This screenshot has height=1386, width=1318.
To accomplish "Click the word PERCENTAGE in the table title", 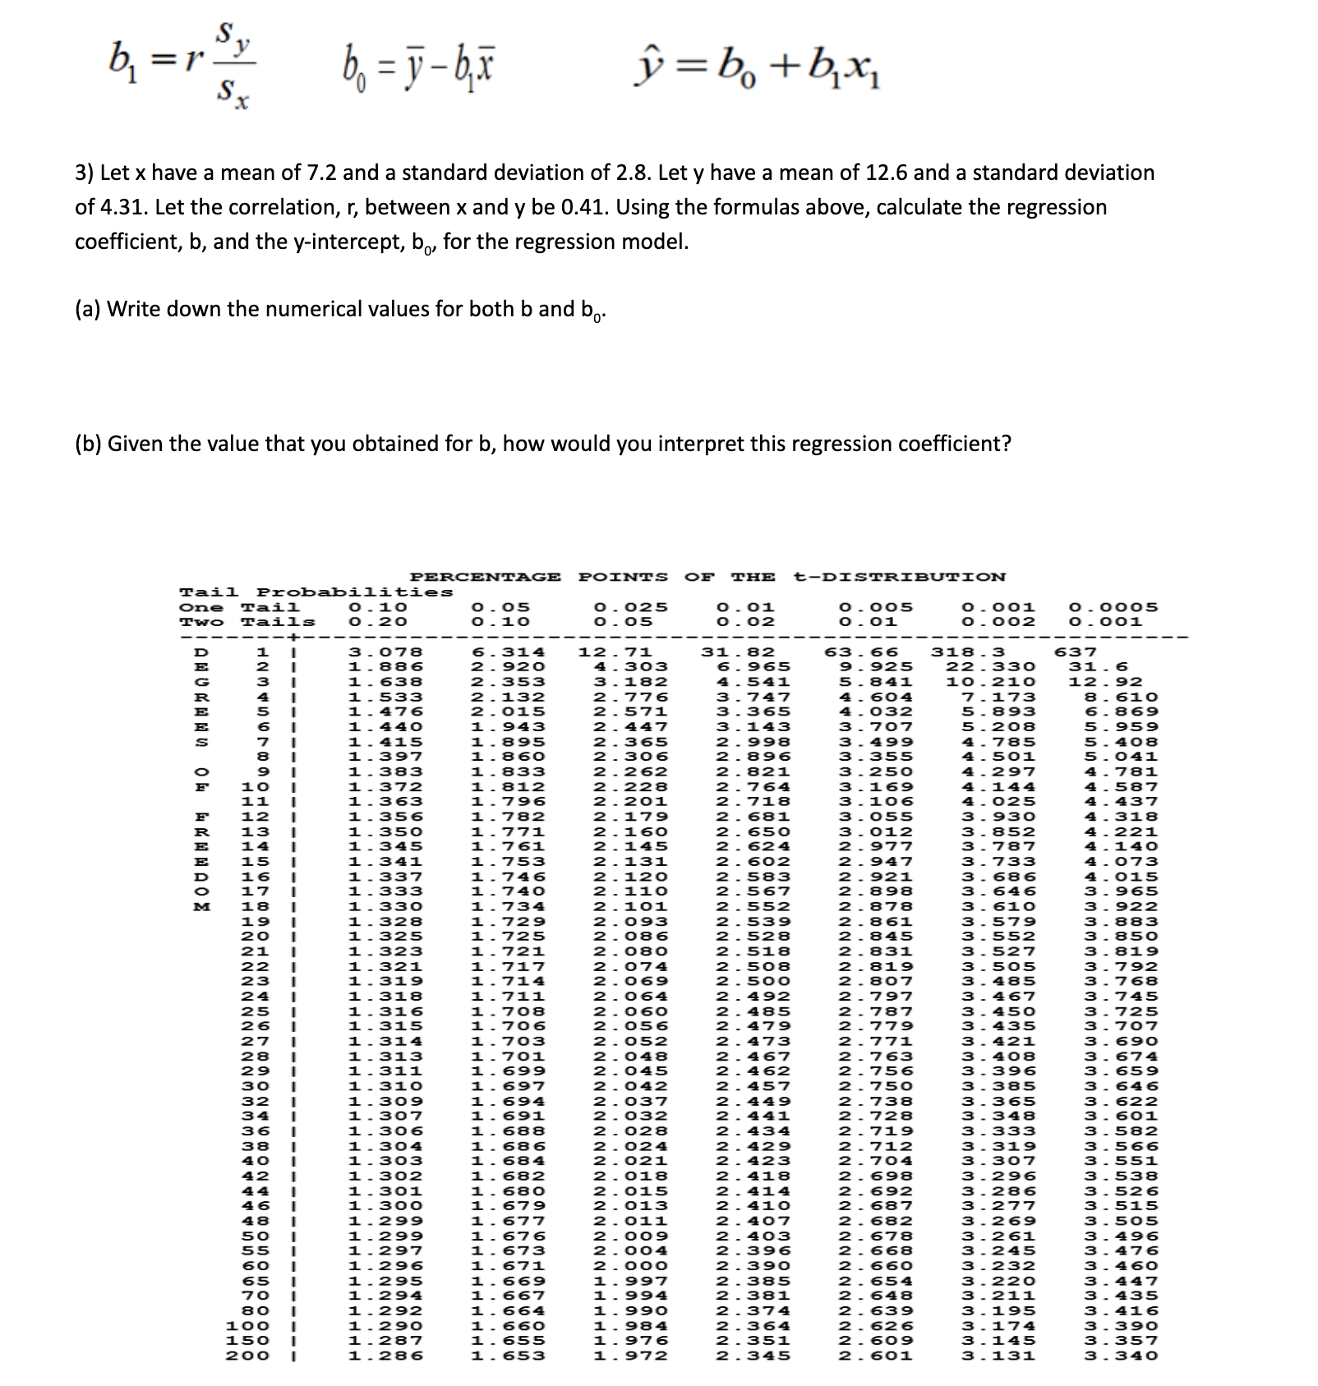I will pyautogui.click(x=485, y=577).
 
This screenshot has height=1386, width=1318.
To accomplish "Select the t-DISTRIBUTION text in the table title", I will pyautogui.click(x=900, y=577).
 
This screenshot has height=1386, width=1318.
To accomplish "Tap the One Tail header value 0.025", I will pyautogui.click(x=630, y=607).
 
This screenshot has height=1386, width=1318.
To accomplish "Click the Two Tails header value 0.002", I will pyautogui.click(x=998, y=622).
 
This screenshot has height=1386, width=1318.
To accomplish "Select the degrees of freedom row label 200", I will pyautogui.click(x=247, y=1356).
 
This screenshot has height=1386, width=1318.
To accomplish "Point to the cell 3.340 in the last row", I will pyautogui.click(x=1121, y=1356).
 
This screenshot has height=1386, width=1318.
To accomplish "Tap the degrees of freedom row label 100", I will pyautogui.click(x=247, y=1325).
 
